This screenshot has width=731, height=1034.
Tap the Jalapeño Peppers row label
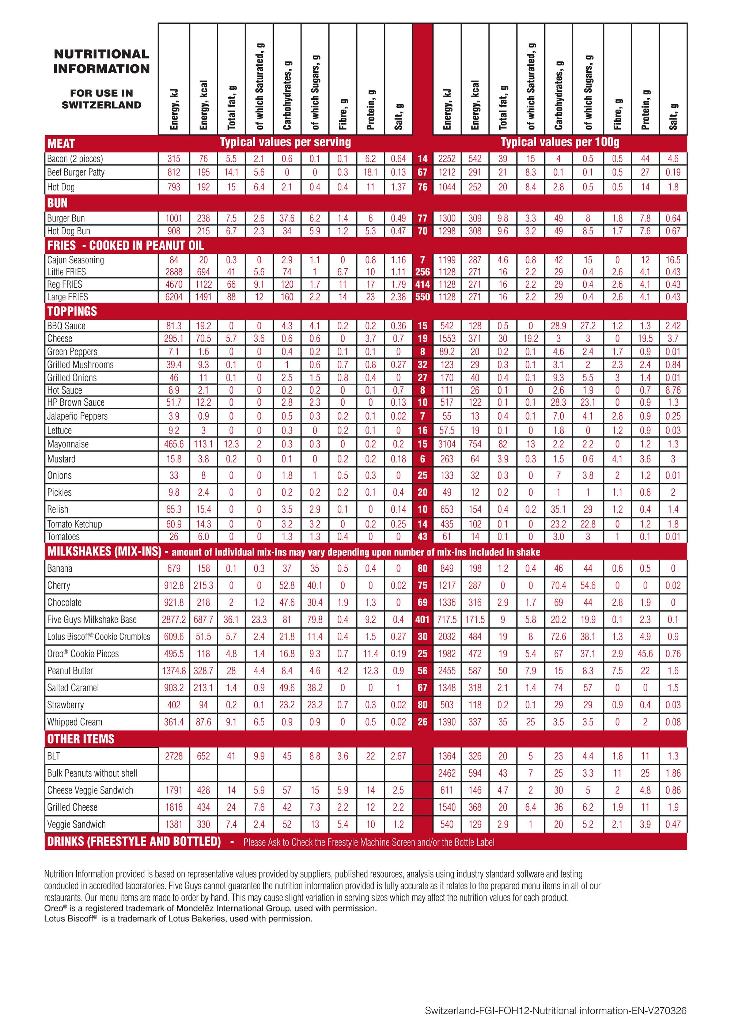[77, 416]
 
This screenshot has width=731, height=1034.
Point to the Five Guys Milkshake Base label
[91, 620]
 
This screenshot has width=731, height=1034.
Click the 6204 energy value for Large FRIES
[174, 297]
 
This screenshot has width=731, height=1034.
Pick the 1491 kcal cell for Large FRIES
[204, 297]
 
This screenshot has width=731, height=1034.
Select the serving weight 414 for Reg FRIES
[423, 284]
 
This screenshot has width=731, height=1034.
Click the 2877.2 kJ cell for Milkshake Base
[174, 620]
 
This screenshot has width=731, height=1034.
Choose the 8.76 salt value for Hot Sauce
[673, 390]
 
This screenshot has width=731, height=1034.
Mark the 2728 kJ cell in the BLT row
[174, 756]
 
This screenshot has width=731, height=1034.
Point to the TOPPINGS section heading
[72, 311]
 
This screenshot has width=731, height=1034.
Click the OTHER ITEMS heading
[81, 739]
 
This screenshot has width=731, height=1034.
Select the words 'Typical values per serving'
[285, 142]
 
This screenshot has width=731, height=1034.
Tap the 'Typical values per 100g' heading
[560, 142]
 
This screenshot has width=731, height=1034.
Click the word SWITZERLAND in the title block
[101, 105]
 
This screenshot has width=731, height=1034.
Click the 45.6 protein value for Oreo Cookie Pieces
[645, 654]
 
